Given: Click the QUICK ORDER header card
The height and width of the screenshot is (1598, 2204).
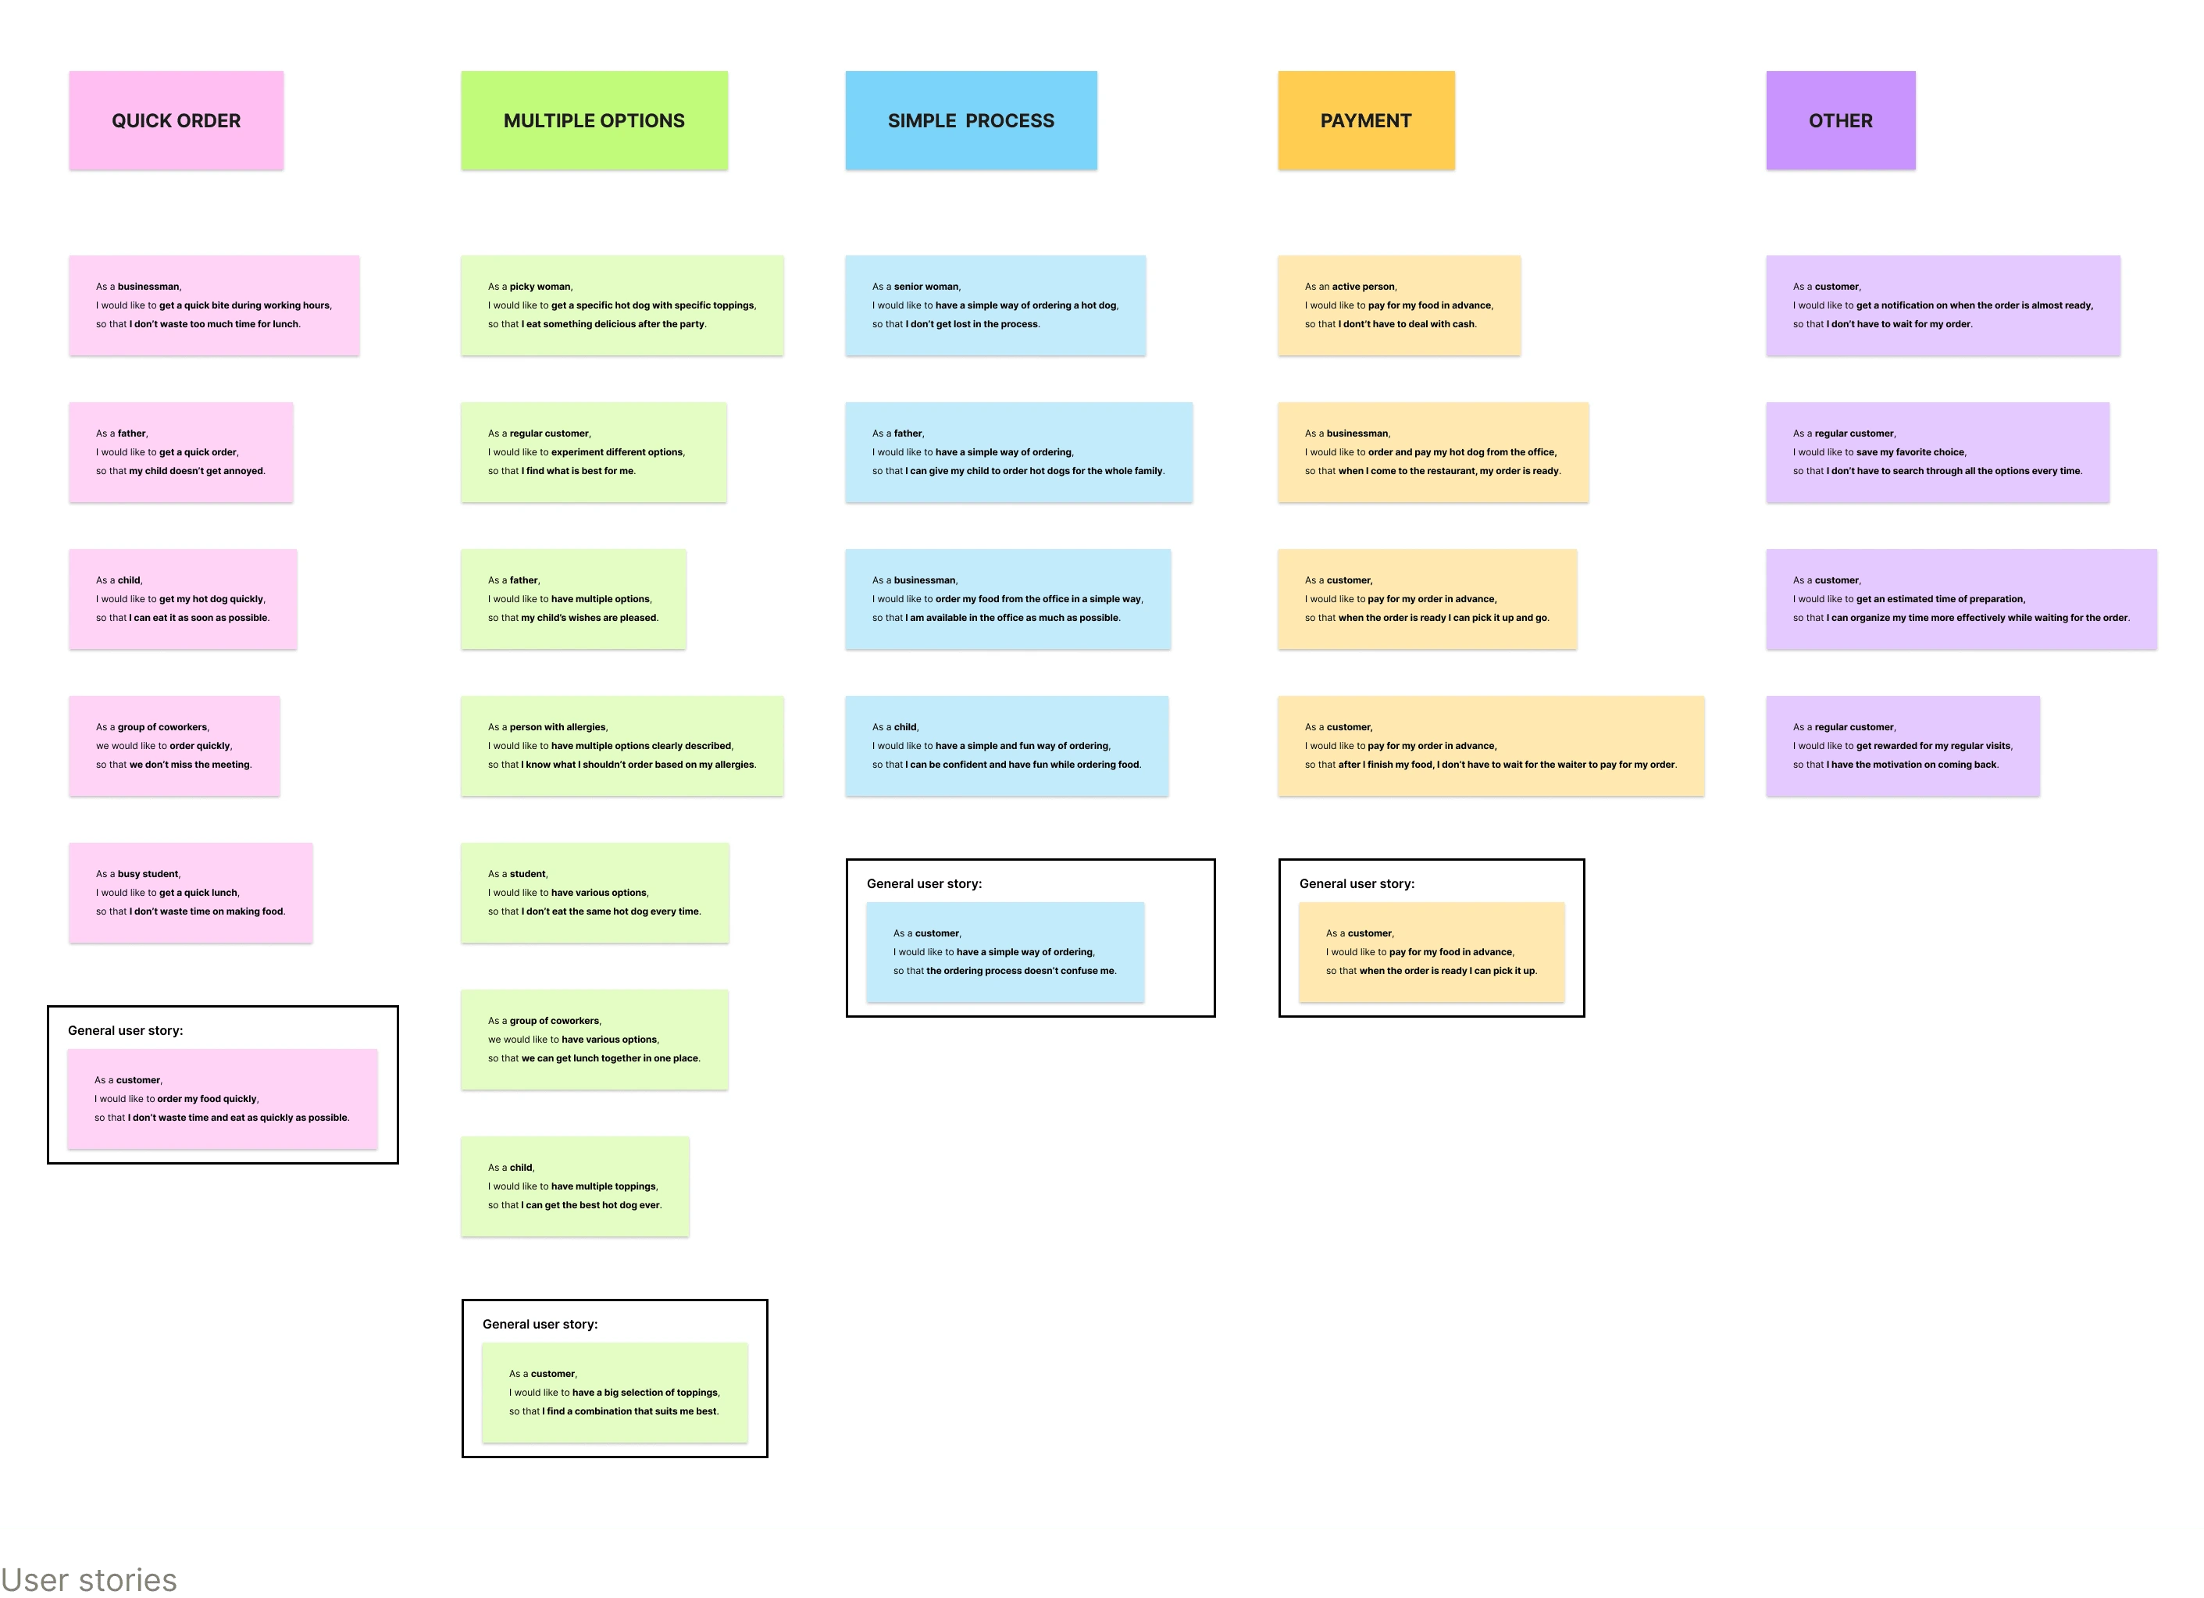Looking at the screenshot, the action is pos(176,120).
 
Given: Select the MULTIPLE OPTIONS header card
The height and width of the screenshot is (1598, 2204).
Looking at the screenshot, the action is pos(594,120).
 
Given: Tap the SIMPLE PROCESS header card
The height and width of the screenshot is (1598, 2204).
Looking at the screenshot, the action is pos(971,120).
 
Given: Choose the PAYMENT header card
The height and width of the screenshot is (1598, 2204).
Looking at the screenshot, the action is pos(1365,120).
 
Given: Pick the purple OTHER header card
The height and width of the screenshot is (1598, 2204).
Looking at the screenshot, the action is pos(1841,120).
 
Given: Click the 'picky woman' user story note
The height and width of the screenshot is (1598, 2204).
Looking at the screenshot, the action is pos(622,305).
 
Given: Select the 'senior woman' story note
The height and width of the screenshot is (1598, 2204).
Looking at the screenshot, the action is pos(995,305).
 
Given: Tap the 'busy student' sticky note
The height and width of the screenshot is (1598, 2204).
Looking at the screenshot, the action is pos(191,892).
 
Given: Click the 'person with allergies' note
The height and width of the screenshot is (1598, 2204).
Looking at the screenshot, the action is pos(622,746).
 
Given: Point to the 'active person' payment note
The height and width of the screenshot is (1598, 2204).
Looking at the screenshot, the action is pos(1399,305).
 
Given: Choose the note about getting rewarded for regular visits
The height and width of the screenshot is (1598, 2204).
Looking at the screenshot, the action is pos(1903,746).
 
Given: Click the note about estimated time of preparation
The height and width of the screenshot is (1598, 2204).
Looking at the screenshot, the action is pos(1961,599).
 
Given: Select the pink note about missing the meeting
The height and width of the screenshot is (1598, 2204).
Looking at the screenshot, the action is pos(174,746).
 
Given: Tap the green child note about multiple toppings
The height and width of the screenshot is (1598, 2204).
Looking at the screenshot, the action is pos(574,1186).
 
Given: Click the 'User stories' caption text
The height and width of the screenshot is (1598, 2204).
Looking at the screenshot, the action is pos(88,1579).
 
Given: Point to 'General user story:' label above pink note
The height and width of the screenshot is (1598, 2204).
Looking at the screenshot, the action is pos(126,1030).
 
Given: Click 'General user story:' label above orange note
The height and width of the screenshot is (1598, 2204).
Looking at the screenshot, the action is pos(1357,883).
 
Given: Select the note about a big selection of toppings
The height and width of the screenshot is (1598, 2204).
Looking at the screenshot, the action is pos(614,1392).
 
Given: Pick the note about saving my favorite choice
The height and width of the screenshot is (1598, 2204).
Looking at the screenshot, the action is pos(1937,452).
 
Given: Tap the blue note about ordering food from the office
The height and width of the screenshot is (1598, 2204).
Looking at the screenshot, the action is pos(1007,599).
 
